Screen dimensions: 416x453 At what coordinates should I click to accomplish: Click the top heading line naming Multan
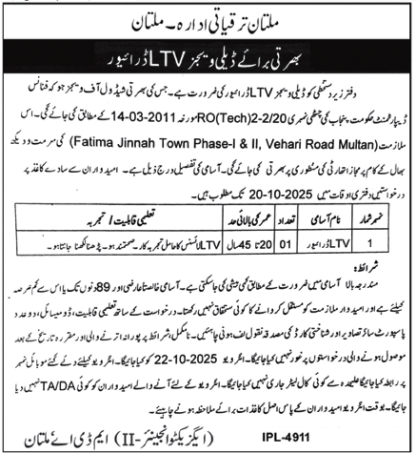click(208, 17)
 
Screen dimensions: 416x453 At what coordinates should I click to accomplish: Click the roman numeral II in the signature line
click(122, 440)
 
